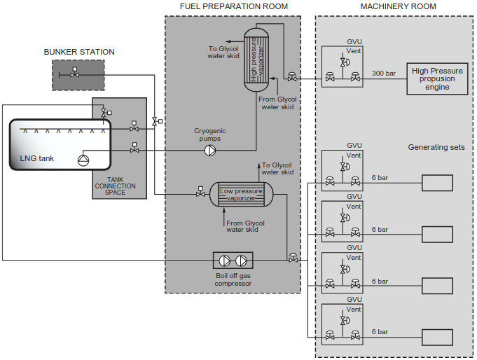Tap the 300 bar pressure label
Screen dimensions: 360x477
point(384,73)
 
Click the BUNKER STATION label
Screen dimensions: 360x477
point(79,52)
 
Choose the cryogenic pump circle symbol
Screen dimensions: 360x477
point(209,150)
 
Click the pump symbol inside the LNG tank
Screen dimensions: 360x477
point(83,160)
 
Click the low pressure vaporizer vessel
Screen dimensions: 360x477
point(242,194)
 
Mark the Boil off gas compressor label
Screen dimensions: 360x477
point(232,279)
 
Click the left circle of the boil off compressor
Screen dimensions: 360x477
point(224,261)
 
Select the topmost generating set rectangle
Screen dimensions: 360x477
point(436,184)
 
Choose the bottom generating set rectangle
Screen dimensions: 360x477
point(436,338)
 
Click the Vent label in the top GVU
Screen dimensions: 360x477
point(354,51)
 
